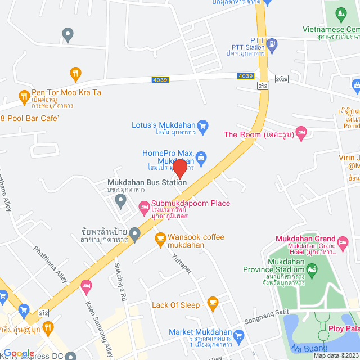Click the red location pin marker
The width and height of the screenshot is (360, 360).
click(x=179, y=169)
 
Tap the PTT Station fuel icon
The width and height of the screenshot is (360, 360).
click(x=272, y=43)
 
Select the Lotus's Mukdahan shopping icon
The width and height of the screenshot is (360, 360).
click(x=204, y=125)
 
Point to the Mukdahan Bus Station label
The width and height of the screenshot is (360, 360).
click(x=147, y=182)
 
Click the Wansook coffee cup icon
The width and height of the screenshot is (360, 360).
click(x=160, y=237)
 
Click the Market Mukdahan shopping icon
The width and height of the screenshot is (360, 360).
click(x=239, y=337)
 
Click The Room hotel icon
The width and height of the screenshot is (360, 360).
click(x=301, y=134)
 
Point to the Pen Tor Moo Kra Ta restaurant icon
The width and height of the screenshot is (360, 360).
click(x=24, y=96)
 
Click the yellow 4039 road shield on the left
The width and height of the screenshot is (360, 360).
click(x=160, y=80)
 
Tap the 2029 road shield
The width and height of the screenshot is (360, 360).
click(x=282, y=79)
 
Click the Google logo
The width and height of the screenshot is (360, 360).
click(x=19, y=353)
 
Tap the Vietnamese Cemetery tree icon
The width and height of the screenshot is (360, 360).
click(x=340, y=13)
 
